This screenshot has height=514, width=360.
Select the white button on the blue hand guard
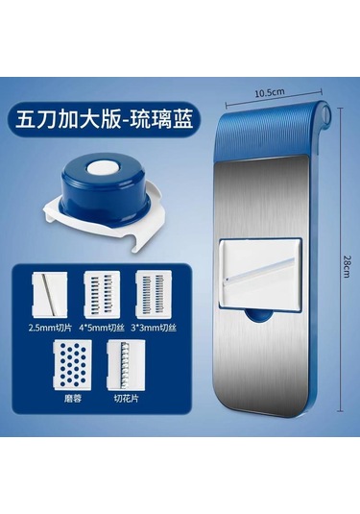tap(101, 168)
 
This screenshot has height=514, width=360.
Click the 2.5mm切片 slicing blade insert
tap(50, 294)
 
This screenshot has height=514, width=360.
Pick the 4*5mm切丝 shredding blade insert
tap(102, 294)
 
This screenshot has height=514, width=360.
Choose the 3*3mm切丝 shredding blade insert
tap(154, 294)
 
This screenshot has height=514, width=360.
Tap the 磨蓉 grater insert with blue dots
tap(73, 364)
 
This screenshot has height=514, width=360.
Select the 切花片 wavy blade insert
tap(126, 364)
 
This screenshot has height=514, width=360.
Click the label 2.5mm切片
tap(50, 328)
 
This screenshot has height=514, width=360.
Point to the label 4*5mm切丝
tap(102, 328)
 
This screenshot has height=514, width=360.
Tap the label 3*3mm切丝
tap(154, 328)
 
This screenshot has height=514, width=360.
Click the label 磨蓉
tap(72, 399)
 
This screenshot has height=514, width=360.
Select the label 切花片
tap(126, 399)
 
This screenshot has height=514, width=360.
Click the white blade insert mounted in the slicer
tap(261, 274)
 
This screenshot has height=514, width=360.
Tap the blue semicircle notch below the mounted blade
tap(259, 316)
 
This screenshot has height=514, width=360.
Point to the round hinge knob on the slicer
tap(326, 113)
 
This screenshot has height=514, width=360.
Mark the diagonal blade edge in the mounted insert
tap(260, 269)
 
